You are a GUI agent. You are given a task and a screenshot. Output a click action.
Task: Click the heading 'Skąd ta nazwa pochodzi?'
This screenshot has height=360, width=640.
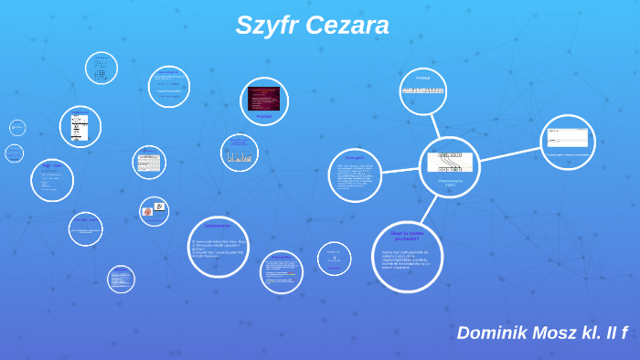pyautogui.click(x=407, y=236)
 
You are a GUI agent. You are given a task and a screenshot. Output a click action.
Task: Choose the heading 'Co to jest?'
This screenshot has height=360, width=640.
pyautogui.click(x=355, y=157)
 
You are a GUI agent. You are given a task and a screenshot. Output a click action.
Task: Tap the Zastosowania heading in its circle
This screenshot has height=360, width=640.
pyautogui.click(x=218, y=225)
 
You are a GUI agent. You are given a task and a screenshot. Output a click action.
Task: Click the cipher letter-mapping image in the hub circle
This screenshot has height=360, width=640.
pyautogui.click(x=450, y=163)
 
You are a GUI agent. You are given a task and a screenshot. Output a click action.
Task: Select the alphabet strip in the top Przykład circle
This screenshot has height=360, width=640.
pyautogui.click(x=422, y=90)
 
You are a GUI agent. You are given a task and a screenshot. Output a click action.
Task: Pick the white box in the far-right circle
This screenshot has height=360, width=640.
pyautogui.click(x=568, y=138)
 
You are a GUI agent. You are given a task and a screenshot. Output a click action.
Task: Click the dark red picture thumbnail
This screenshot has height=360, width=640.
pyautogui.click(x=264, y=98)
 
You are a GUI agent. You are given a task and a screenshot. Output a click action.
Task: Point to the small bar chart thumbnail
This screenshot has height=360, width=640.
pyautogui.click(x=240, y=156)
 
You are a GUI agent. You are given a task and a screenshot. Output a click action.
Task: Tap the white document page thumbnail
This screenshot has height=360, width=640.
pyautogui.click(x=80, y=127)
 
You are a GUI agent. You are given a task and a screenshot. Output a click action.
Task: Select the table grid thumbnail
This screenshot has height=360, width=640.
pyautogui.click(x=148, y=163)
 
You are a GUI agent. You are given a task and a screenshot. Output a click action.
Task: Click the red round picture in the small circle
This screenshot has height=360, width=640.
pyautogui.click(x=148, y=211)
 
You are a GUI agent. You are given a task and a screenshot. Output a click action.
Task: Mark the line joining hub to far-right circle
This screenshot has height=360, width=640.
pyautogui.click(x=509, y=154)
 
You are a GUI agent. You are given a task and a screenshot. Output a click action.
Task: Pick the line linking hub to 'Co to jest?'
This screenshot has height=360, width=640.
pyautogui.click(x=400, y=170)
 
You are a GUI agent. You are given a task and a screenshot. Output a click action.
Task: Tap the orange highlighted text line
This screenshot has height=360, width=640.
pyautogui.click(x=282, y=273)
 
